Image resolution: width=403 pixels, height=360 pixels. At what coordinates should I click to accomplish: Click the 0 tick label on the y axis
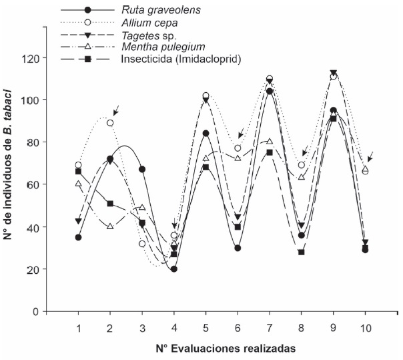[35, 312]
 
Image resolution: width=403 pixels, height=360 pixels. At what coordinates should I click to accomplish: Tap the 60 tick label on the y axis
[32, 184]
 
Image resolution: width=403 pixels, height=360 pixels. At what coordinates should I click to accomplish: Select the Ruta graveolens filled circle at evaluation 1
[78, 237]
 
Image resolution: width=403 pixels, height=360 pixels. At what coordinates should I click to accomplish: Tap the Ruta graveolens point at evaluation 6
[238, 248]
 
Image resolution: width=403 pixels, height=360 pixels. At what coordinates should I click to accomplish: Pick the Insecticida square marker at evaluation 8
[302, 252]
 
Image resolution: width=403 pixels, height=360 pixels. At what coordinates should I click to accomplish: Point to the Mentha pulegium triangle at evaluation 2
[110, 226]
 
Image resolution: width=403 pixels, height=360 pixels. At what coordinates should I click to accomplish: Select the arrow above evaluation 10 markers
[370, 156]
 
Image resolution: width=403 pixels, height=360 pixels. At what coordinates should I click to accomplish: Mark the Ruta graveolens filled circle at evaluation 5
[206, 134]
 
